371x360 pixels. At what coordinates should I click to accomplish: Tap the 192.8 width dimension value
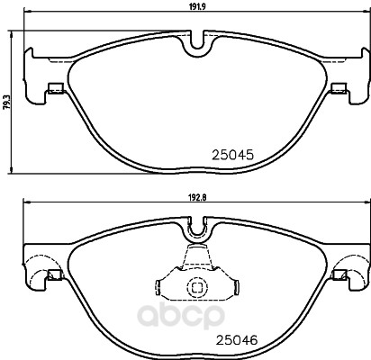pos(197,197)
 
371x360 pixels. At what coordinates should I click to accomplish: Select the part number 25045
pos(233,155)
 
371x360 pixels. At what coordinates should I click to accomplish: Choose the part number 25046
pos(237,340)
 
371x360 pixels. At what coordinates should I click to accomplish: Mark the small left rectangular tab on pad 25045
pos(56,88)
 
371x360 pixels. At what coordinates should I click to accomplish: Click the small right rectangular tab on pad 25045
pos(339,88)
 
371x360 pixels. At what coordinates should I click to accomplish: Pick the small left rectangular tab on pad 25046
pos(55,274)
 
